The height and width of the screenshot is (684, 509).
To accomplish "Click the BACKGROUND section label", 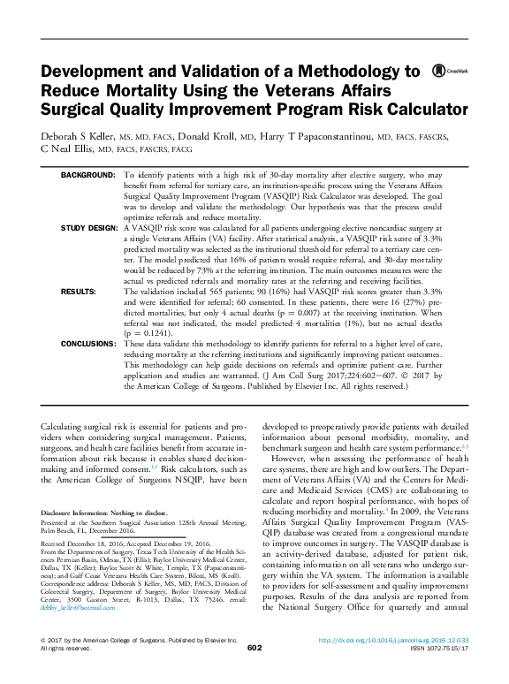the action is click(x=87, y=176).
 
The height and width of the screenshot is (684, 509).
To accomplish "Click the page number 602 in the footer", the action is click(x=254, y=673).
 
